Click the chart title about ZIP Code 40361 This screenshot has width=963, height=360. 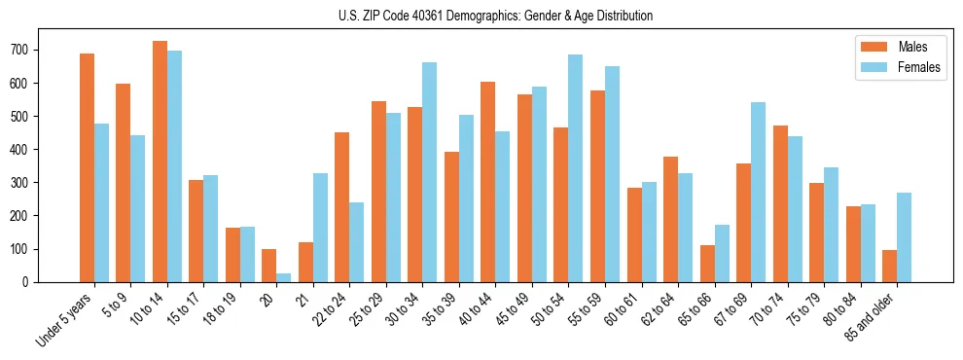click(x=481, y=16)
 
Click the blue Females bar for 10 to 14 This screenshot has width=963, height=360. click(x=174, y=166)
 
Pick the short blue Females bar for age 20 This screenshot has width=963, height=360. click(x=283, y=277)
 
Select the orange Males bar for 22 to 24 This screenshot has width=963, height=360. click(x=342, y=207)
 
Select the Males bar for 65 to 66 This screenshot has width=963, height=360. click(x=707, y=264)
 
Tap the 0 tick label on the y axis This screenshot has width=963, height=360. click(x=33, y=282)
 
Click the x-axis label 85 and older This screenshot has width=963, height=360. click(x=872, y=317)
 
